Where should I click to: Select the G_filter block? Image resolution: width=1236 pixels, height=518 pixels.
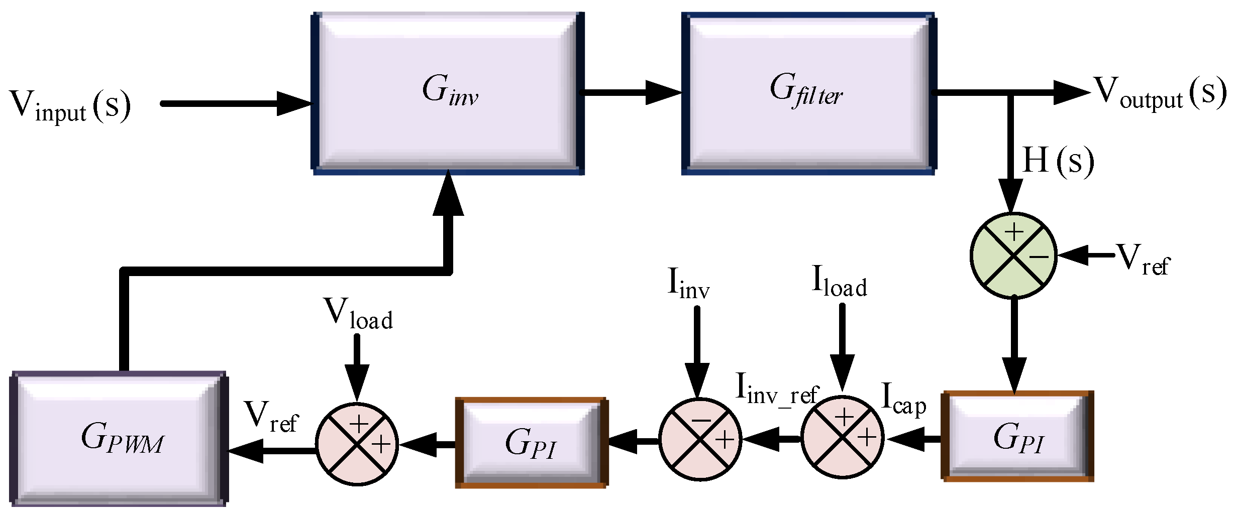tap(808, 93)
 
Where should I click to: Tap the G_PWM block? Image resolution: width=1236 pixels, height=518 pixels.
tap(120, 439)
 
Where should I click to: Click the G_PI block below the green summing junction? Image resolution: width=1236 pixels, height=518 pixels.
tap(1017, 436)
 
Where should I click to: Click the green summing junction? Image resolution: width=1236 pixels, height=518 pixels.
tap(1014, 256)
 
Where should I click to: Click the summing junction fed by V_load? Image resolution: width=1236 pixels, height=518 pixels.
tap(357, 444)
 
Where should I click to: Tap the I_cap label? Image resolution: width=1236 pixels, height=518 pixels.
tap(903, 399)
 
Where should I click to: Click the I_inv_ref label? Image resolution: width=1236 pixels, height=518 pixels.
tap(776, 389)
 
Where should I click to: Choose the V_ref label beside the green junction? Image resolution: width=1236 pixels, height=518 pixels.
tap(1143, 260)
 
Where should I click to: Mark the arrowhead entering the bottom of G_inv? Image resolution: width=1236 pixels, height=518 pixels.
tap(448, 193)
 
